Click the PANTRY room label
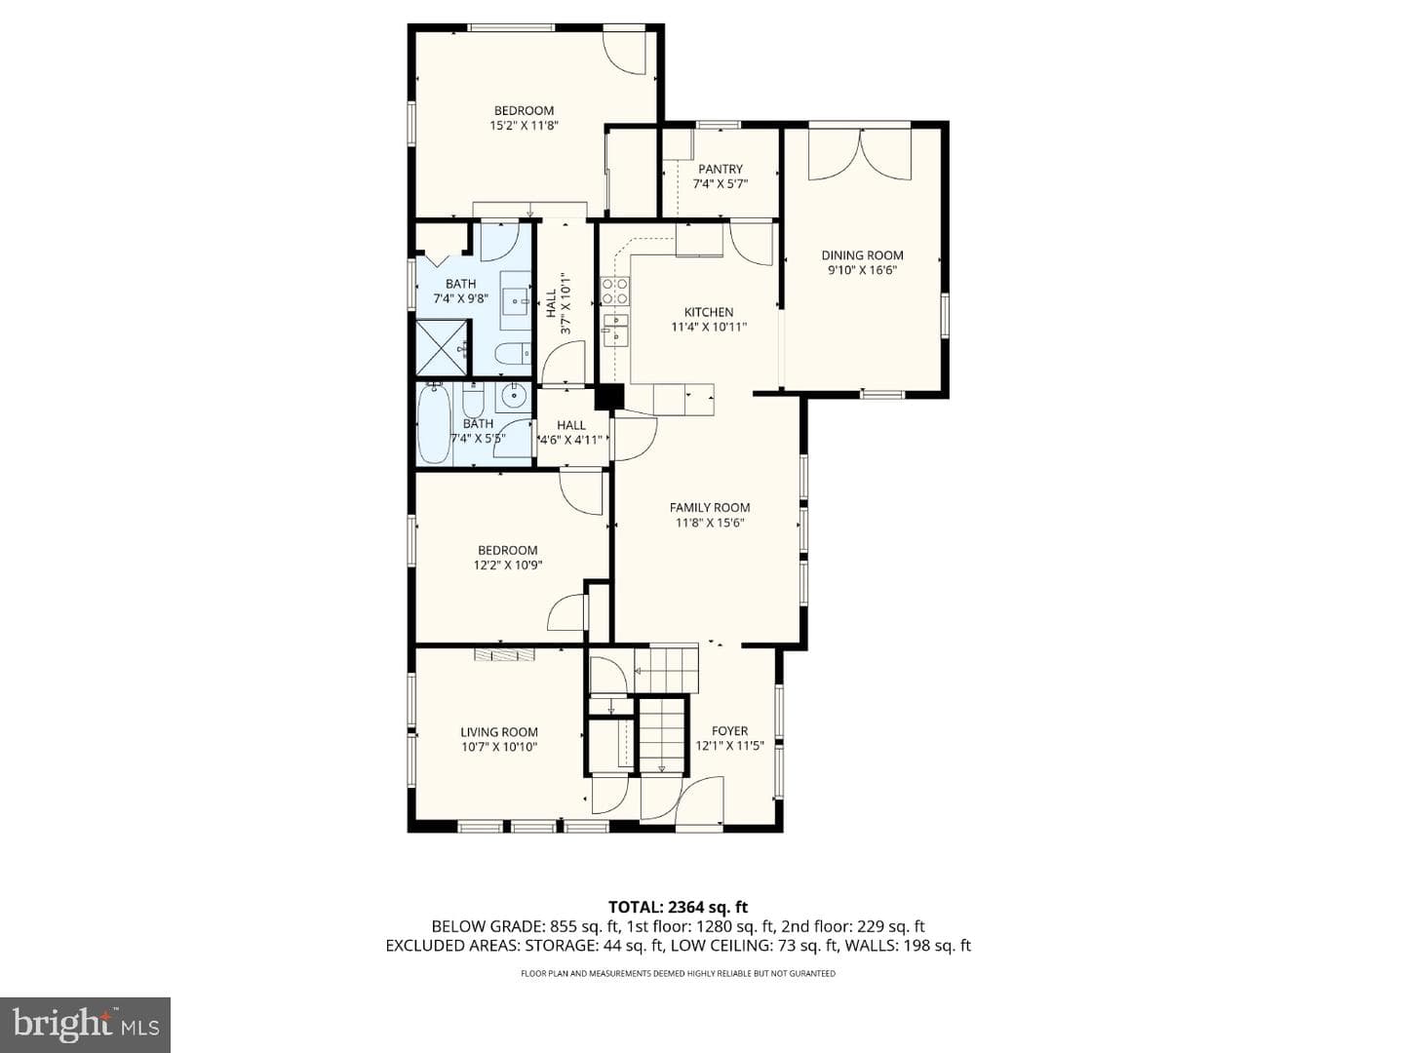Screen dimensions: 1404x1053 click(721, 169)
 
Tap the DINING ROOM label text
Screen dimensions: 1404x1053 click(862, 255)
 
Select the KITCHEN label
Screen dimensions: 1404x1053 click(709, 312)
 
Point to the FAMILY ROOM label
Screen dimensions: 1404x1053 click(710, 508)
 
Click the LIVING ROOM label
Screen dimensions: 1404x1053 click(499, 732)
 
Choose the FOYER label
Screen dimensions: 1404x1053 click(730, 731)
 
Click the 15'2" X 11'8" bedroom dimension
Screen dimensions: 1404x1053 click(524, 126)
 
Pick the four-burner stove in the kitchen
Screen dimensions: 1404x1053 click(614, 291)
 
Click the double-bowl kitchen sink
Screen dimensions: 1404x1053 click(616, 328)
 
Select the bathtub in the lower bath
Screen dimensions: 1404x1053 click(434, 423)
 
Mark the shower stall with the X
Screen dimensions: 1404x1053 click(442, 348)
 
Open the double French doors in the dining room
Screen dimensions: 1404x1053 click(860, 154)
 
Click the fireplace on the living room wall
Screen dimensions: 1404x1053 click(505, 654)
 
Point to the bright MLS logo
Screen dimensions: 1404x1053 click(85, 1025)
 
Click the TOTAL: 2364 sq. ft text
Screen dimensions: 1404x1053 click(678, 907)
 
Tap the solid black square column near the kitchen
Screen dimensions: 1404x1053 click(609, 397)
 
